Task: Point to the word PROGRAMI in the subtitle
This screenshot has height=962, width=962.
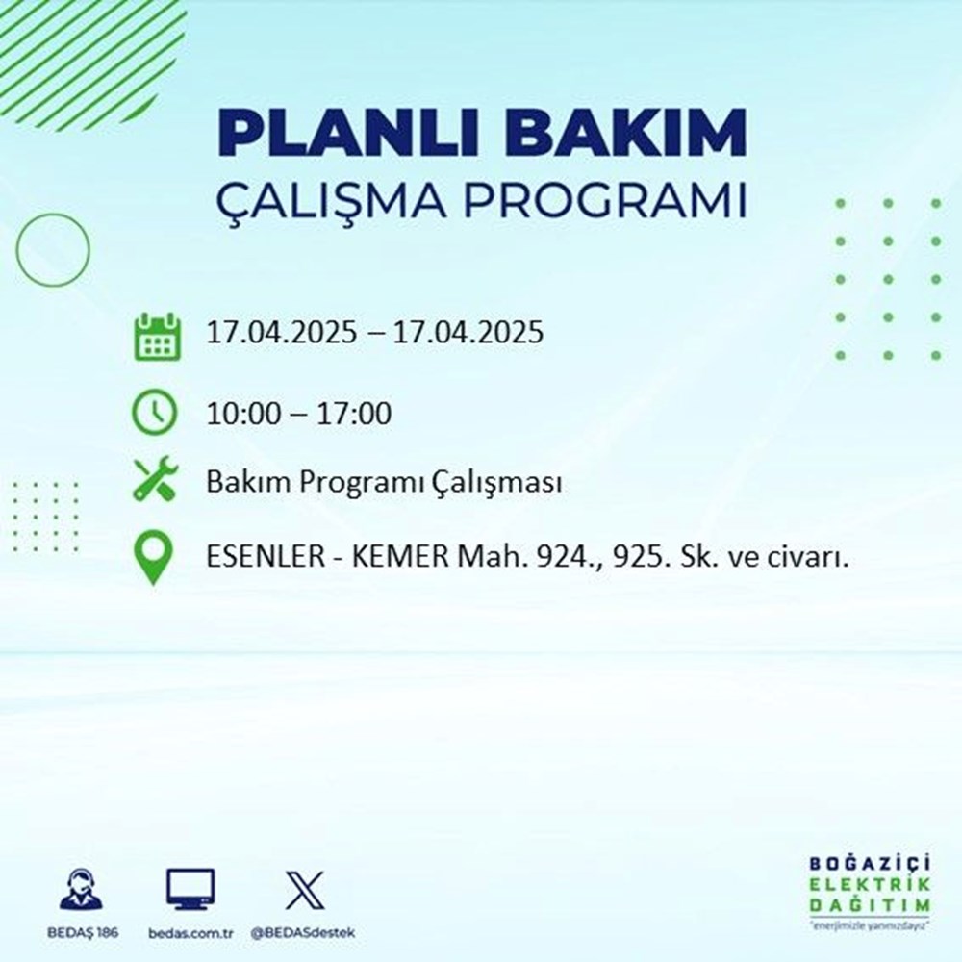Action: (607, 204)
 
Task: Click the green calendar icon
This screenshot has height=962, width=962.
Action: (155, 335)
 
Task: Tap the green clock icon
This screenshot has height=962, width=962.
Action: (155, 414)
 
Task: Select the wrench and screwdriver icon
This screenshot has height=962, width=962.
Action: (155, 481)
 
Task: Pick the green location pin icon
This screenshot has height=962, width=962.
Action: (155, 558)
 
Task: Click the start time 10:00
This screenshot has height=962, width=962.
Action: (244, 415)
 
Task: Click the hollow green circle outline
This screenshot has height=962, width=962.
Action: (53, 250)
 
